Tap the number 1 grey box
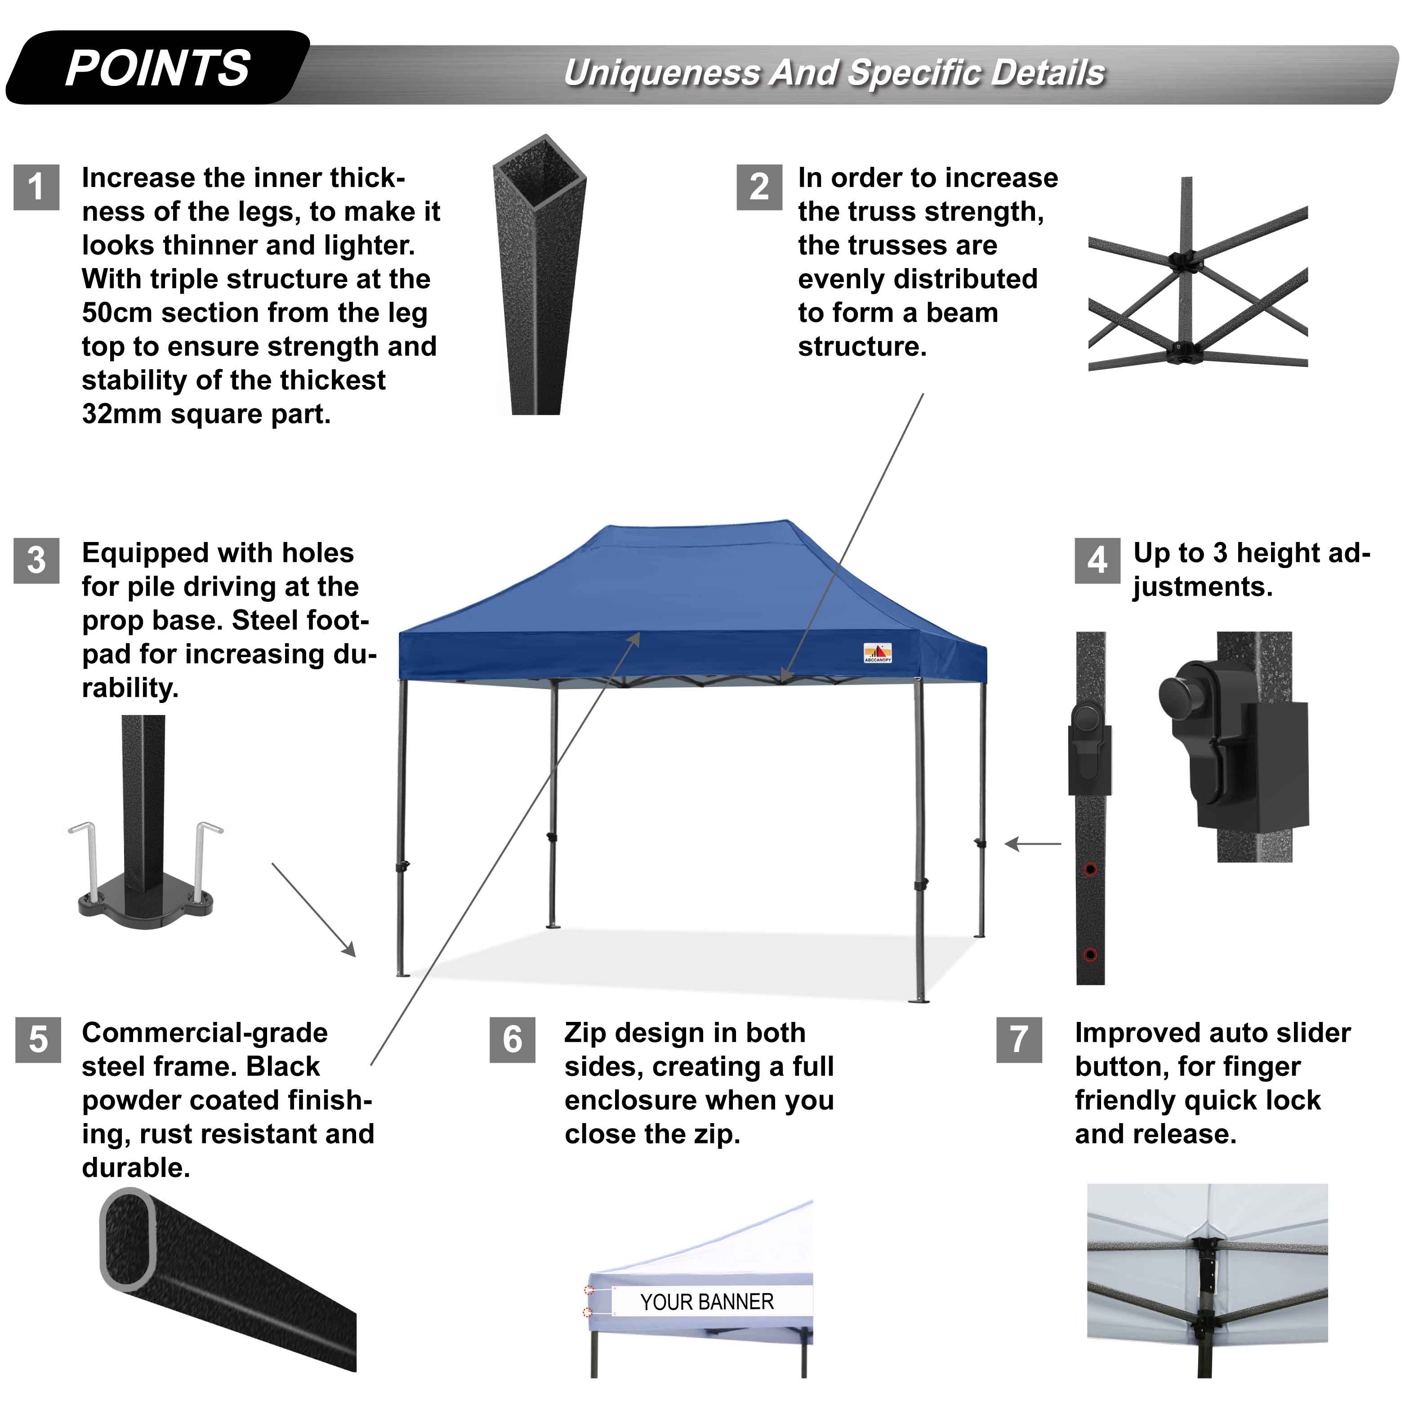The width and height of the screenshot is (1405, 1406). tap(36, 187)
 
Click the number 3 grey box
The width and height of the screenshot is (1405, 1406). tap(36, 560)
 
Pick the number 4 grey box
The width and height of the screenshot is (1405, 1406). tap(1097, 560)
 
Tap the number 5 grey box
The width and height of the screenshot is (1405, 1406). tap(38, 1039)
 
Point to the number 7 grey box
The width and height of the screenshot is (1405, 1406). tap(1019, 1039)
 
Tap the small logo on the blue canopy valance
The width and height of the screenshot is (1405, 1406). tap(878, 653)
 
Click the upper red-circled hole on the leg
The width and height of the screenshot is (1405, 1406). tap(1090, 869)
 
